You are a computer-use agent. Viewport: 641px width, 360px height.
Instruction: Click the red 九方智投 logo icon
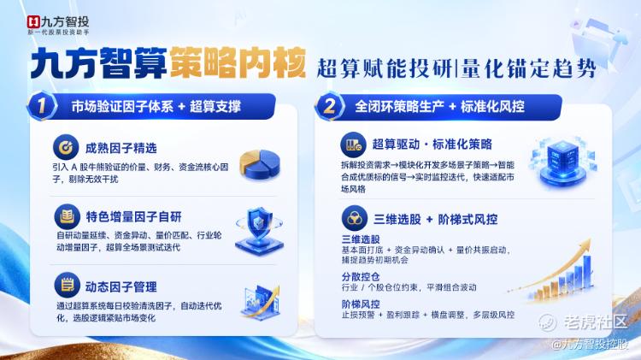coord(33,22)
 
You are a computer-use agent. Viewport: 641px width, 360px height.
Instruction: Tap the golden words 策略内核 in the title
coord(238,62)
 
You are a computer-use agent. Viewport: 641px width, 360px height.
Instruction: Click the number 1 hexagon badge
coord(42,106)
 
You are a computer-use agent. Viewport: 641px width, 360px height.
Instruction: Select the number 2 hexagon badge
coord(329,106)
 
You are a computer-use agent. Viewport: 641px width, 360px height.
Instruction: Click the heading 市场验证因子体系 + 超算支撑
coord(156,107)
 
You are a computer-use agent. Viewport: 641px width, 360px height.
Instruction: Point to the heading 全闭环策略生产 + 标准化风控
coord(439,107)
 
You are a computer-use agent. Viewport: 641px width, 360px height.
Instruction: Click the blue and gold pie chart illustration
coord(260,164)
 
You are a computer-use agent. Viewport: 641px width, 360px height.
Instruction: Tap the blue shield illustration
coord(259,230)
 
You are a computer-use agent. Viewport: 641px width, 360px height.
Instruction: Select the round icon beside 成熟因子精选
coord(66,147)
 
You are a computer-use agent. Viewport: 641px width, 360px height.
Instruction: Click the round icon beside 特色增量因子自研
coord(67,216)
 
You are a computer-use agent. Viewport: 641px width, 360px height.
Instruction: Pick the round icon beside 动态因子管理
coord(67,285)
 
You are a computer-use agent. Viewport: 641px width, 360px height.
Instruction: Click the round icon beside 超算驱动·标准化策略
coord(354,145)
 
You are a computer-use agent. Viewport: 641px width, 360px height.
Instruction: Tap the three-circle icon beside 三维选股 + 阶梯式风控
coord(355,218)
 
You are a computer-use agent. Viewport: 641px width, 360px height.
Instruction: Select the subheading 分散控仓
coord(361,277)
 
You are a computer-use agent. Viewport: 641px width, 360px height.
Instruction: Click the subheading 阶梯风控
coord(361,304)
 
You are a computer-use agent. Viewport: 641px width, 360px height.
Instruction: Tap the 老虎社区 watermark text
coord(595,322)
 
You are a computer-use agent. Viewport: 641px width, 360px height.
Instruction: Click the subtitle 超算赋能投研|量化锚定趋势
coord(456,68)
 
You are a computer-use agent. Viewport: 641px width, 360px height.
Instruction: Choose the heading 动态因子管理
coord(121,286)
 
